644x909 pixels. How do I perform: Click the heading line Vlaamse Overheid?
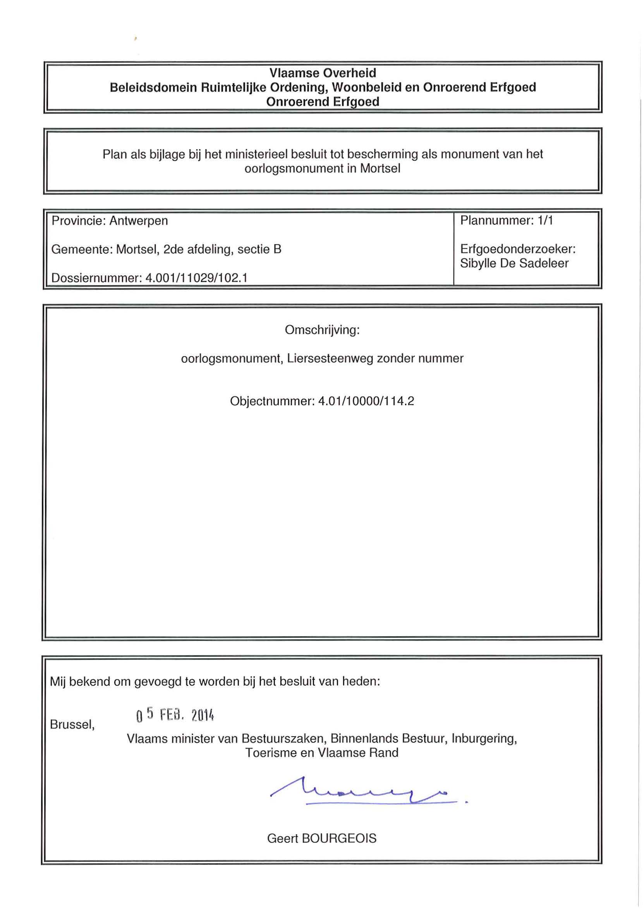[323, 73]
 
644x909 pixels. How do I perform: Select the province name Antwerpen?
[138, 221]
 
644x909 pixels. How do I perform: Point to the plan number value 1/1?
[545, 220]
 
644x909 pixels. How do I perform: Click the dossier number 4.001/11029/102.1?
[196, 278]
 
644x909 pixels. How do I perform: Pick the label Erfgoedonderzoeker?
[517, 249]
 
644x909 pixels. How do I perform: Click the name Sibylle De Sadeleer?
[514, 263]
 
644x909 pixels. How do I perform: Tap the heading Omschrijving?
[322, 330]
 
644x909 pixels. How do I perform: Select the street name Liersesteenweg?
[330, 359]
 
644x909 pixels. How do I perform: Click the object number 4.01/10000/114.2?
[366, 401]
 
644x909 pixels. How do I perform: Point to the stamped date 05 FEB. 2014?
[175, 715]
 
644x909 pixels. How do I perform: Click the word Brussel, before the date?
[72, 725]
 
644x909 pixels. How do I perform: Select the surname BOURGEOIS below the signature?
[339, 838]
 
